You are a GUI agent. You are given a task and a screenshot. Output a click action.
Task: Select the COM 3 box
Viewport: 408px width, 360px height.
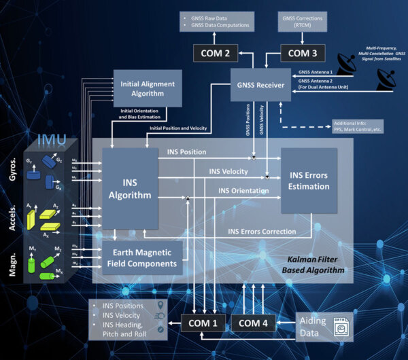303,52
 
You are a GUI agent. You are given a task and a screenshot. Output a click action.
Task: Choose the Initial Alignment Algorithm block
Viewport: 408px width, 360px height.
148,88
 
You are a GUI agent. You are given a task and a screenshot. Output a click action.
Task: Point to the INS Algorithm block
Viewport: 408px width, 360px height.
129,188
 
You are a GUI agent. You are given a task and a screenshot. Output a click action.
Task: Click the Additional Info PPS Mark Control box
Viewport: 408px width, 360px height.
358,127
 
